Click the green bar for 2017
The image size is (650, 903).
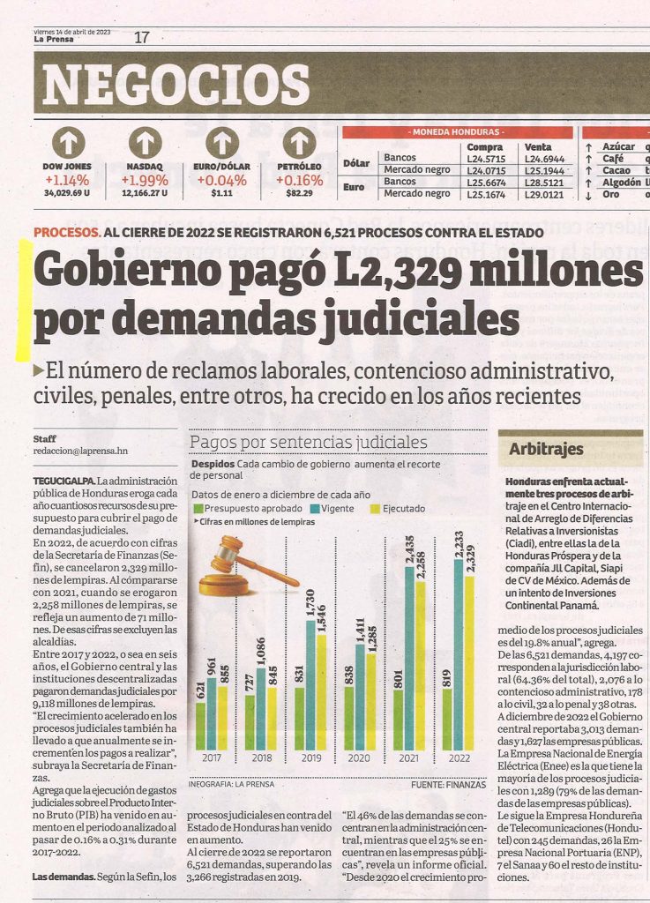[200, 727]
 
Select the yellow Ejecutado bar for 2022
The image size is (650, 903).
[469, 663]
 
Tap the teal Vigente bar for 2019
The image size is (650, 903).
[311, 685]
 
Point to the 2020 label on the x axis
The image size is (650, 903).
[359, 757]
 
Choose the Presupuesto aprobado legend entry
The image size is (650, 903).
[248, 509]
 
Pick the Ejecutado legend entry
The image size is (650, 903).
[398, 509]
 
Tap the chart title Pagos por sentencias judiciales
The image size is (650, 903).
[309, 443]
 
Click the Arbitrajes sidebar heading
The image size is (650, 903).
[546, 449]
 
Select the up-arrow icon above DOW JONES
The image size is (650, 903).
[69, 143]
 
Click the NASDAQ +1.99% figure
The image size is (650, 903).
[145, 180]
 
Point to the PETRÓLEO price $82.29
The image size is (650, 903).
[299, 193]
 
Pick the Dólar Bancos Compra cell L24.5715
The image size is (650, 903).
[486, 159]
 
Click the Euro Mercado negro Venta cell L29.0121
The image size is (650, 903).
[544, 195]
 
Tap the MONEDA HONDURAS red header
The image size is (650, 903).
[458, 132]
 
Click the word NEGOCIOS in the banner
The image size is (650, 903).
[176, 85]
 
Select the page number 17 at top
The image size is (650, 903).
[142, 37]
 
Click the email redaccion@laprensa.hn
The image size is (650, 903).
[80, 451]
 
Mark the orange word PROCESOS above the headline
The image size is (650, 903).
[67, 233]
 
